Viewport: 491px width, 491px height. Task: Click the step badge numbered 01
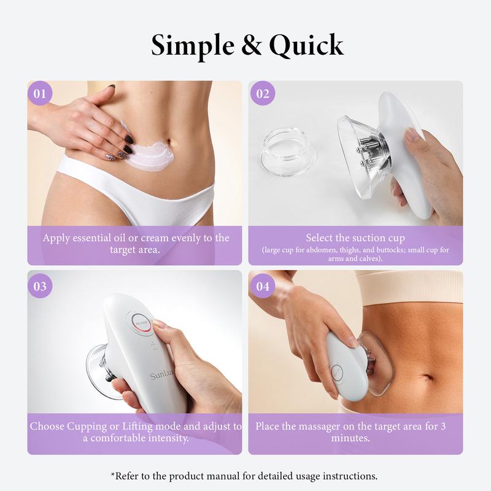tap(41, 94)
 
